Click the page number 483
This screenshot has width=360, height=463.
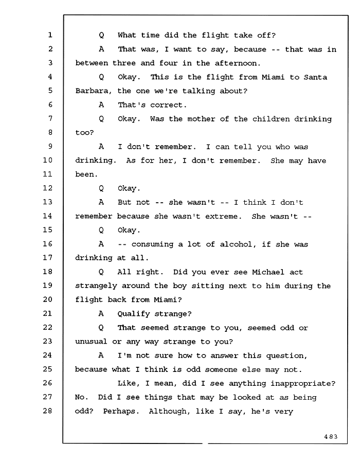click(331, 437)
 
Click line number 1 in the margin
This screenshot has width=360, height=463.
click(50, 35)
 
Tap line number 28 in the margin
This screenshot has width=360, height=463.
click(47, 411)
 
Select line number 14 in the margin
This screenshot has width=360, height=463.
click(47, 216)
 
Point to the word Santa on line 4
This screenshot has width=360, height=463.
click(315, 77)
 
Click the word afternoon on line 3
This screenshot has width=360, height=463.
click(236, 63)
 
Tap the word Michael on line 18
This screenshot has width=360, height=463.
click(268, 272)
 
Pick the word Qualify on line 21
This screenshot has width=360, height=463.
click(134, 314)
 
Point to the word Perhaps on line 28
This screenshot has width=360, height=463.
click(121, 412)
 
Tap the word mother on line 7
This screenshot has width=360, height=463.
click(201, 119)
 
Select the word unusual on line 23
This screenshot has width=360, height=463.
click(91, 342)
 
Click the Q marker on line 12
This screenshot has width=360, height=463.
click(101, 188)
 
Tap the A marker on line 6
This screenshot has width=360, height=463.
click(101, 105)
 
